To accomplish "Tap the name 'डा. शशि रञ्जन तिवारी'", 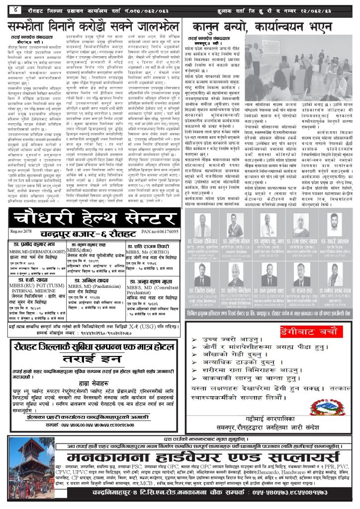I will click(x=150, y=246).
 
